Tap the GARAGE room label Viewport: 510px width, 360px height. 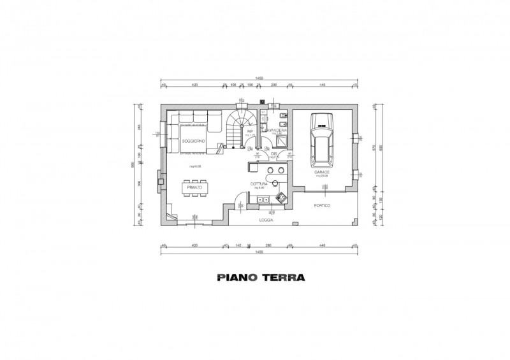tap(321, 172)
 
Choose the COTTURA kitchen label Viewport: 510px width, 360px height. tap(258, 184)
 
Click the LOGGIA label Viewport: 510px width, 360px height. tap(266, 219)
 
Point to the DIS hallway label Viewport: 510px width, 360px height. tap(273, 154)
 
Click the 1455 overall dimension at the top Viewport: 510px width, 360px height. tap(259, 80)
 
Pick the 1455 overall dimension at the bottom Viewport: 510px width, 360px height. tap(259, 252)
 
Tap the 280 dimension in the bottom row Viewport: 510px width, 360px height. tap(268, 244)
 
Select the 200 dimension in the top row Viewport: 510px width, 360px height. tap(274, 84)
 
